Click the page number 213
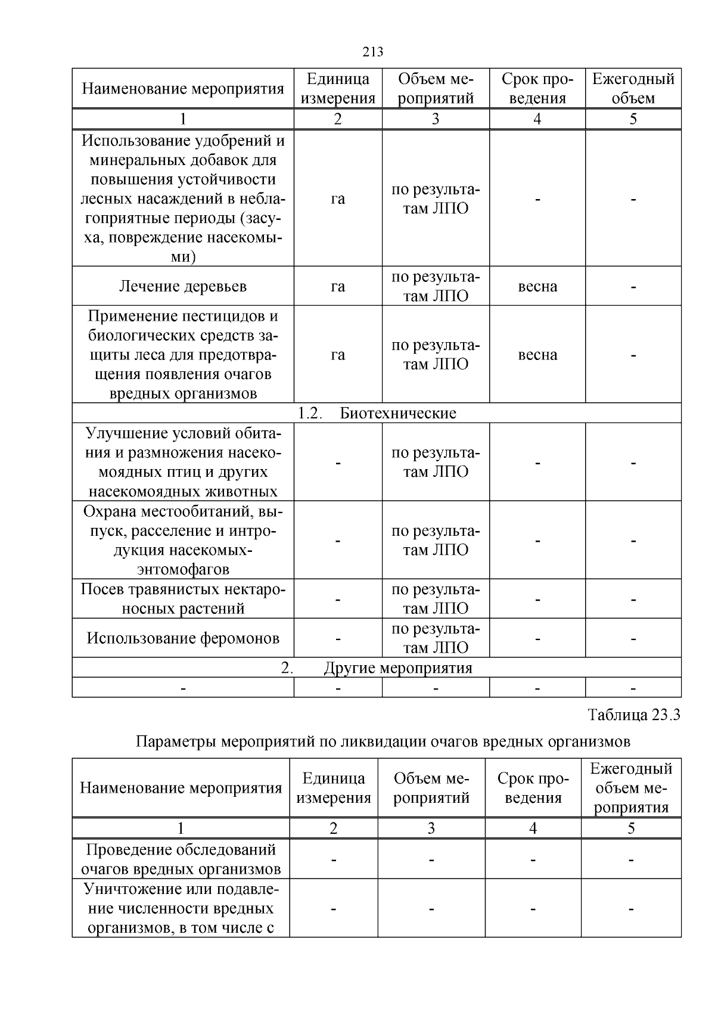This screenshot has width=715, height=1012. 372,52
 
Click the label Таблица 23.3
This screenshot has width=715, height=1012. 633,714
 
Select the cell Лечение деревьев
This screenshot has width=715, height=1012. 183,286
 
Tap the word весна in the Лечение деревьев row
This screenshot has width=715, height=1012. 537,286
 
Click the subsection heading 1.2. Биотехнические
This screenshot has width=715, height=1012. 377,413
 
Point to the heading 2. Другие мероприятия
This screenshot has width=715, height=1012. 377,668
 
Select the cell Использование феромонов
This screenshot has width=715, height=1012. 183,638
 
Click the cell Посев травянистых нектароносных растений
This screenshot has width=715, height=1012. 183,598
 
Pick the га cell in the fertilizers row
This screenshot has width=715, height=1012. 338,198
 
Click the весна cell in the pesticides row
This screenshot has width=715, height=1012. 537,355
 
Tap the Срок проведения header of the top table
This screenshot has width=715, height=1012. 537,88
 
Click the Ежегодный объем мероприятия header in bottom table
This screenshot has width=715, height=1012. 631,787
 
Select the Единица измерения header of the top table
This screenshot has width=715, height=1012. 338,88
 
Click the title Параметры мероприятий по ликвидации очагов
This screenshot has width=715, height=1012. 383,742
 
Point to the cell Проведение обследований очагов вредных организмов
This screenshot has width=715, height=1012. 181,859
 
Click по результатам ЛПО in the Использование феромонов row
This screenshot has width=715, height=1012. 436,638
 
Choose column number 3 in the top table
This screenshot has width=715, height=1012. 436,119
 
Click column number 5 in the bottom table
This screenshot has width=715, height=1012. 631,828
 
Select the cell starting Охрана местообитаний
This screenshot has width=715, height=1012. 183,540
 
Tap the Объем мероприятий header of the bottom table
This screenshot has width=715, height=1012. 431,787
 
